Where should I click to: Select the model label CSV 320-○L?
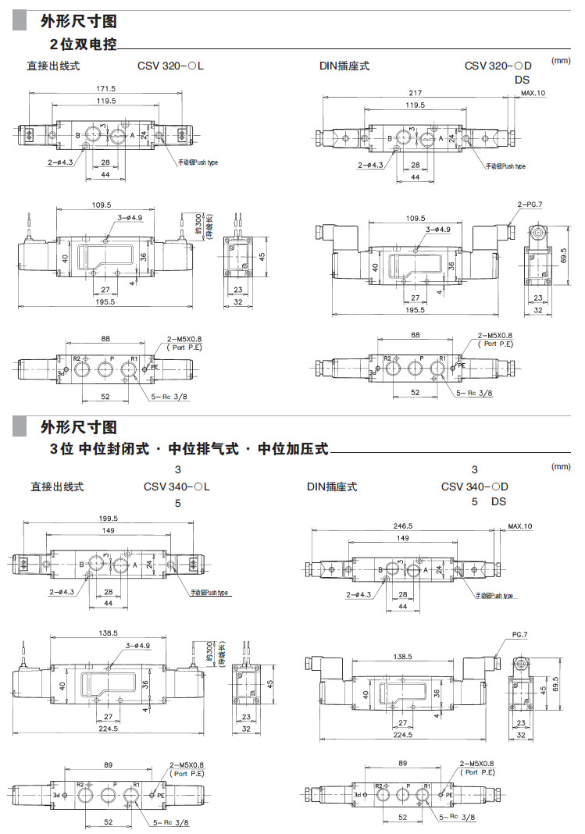pos(170,66)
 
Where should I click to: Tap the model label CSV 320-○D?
pos(498,66)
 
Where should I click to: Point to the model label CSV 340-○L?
pos(177,486)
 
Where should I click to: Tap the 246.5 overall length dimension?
pos(403,526)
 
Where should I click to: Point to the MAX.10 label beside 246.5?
pos(519,526)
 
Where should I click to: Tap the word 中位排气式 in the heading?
pos(202,449)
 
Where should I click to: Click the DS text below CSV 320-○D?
pos(522,80)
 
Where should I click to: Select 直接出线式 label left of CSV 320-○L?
pos(54,66)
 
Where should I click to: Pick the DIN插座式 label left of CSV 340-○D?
pos(332,486)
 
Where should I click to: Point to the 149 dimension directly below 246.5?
pos(403,538)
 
